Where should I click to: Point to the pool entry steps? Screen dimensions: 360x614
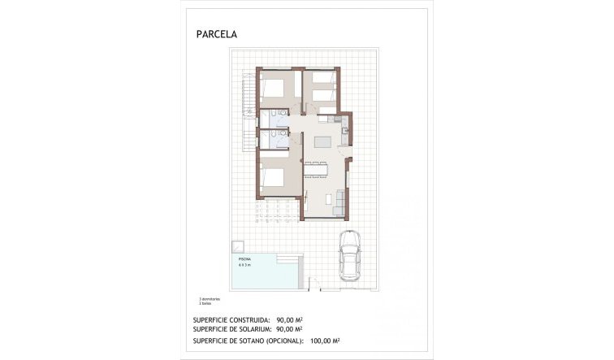point(292,269)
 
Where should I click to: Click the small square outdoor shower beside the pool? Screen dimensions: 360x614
point(239,246)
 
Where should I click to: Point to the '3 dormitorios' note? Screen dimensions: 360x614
point(210,298)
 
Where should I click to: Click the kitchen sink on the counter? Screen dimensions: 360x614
point(344,130)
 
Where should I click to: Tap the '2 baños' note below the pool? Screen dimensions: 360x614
point(205,302)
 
